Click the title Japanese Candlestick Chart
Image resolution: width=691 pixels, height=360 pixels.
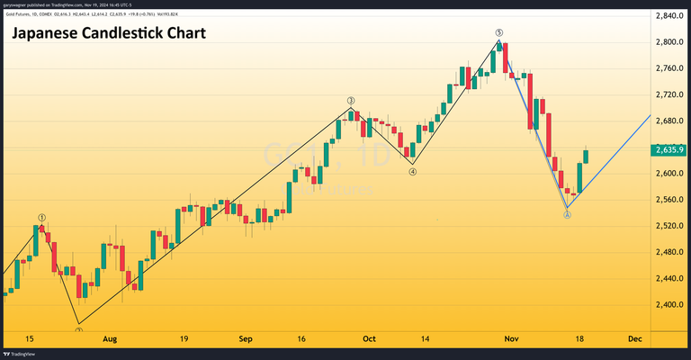click(x=108, y=34)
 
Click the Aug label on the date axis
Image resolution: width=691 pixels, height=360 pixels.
click(x=110, y=339)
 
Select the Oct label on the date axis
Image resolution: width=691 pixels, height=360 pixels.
click(x=369, y=339)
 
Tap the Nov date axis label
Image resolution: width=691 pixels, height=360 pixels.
click(x=511, y=339)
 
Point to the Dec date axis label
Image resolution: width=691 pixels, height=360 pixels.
click(x=635, y=339)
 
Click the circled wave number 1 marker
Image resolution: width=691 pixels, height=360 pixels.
click(x=41, y=218)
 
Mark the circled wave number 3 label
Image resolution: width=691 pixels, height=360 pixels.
click(x=351, y=101)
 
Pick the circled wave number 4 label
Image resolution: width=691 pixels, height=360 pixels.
click(x=412, y=172)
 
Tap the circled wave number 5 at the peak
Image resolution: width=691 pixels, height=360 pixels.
click(x=498, y=32)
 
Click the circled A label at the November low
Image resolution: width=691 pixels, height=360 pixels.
click(x=567, y=215)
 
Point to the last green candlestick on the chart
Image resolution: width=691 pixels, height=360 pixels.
click(x=586, y=156)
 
